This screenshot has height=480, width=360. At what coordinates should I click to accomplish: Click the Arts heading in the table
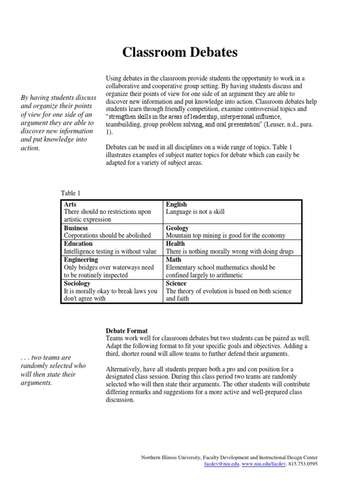coord(70,204)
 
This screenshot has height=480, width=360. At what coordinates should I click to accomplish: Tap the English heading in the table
coord(176,204)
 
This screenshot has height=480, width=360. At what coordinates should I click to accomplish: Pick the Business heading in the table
coord(76,228)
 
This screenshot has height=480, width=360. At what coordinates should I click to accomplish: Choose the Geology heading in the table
coord(177,228)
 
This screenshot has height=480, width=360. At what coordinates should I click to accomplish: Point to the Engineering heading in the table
coord(81,259)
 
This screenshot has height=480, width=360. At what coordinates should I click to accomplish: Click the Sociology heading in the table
coord(77,284)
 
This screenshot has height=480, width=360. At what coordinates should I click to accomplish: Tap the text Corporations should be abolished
coord(107,235)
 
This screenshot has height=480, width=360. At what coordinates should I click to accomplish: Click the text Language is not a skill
coord(195,212)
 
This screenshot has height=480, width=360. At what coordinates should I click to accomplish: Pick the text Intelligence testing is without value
coord(110,251)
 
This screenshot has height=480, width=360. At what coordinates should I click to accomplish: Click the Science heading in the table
coord(176,284)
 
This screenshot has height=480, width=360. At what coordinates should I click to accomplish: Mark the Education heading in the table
coord(78,244)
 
